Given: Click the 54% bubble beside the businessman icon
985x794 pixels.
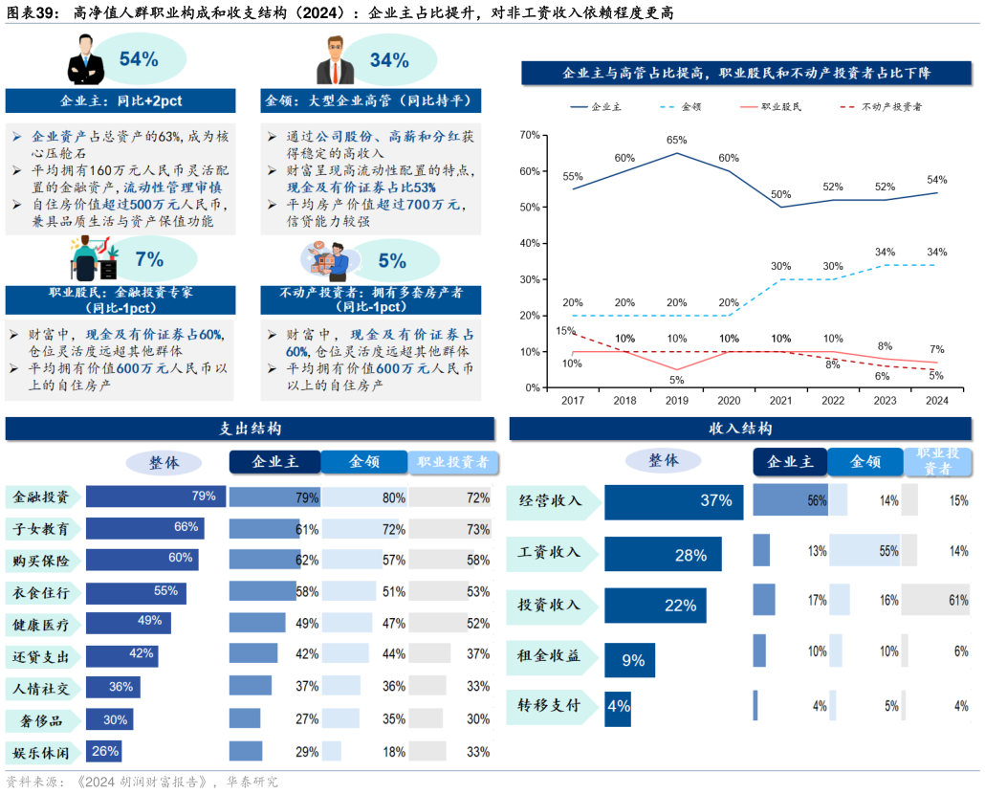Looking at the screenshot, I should (139, 59).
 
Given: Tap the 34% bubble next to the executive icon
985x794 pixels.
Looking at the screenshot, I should (389, 60).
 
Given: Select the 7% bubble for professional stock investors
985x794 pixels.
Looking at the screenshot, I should (149, 259).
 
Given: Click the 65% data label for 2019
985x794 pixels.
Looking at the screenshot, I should (676, 140).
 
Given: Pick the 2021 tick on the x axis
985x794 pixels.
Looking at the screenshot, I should (780, 401).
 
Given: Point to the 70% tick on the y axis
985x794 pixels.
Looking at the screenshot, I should (530, 135).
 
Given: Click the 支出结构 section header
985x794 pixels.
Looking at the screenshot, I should (250, 429).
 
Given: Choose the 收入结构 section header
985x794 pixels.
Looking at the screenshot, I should (740, 429).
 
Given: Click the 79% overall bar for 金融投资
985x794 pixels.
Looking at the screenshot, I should (156, 496).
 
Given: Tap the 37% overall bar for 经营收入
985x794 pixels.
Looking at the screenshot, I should (673, 501).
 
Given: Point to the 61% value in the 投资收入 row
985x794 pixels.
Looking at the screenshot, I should (958, 601).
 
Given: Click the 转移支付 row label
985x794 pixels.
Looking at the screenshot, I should (549, 706).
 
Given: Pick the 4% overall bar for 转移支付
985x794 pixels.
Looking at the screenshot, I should (618, 707).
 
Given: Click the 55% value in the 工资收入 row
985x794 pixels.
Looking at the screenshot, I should (888, 551).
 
